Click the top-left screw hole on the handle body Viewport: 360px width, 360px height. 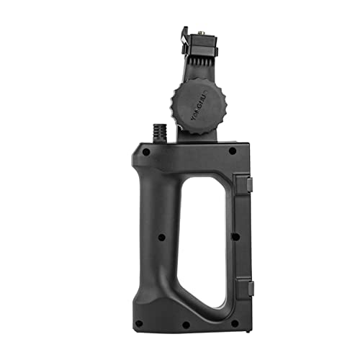[145, 152]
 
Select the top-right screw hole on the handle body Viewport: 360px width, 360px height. [232, 151]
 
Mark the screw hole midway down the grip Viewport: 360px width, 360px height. [160, 237]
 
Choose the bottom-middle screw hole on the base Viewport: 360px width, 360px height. [186, 324]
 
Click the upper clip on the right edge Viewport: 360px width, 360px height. [248, 185]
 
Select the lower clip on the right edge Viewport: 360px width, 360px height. [248, 288]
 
